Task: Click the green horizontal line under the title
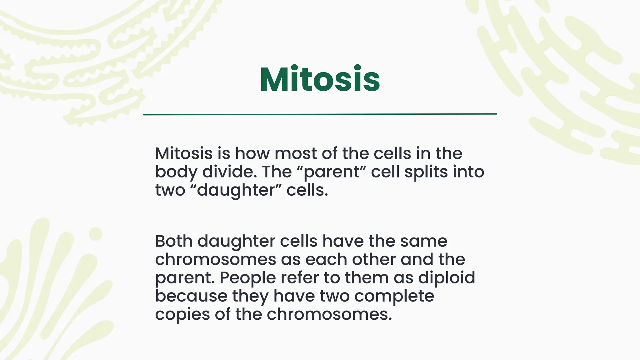320,114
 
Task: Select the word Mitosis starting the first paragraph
184,153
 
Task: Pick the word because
191,296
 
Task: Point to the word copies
182,314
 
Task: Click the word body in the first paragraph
176,172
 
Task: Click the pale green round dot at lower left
96,233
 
